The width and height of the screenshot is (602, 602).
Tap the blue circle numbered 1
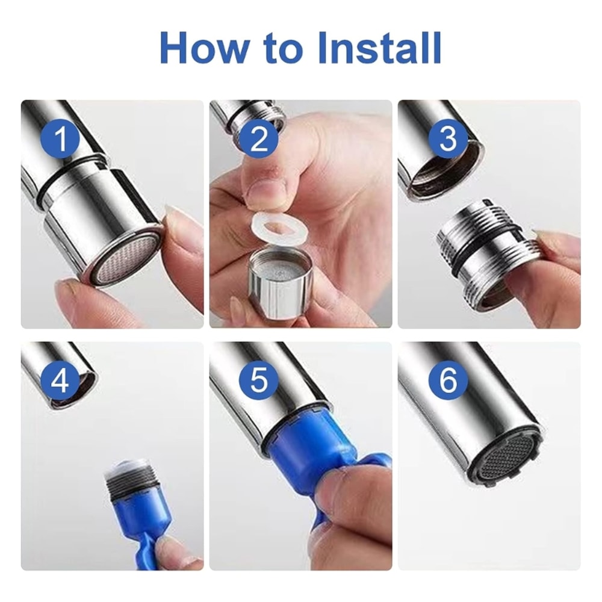(61, 138)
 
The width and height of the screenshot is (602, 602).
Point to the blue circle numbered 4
(61, 380)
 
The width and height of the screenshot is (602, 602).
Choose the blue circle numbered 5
(258, 380)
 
